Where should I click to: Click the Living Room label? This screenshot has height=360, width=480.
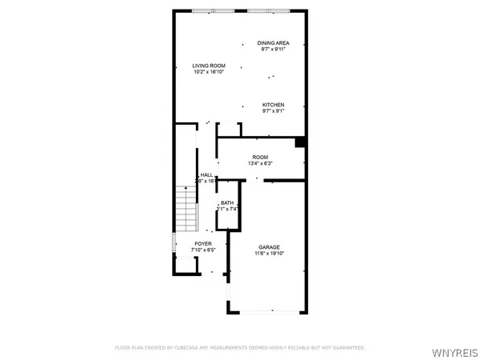[209, 66]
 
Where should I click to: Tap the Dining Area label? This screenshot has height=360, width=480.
[273, 42]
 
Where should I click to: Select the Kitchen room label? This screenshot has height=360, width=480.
[274, 105]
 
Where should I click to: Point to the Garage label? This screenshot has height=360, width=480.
[269, 247]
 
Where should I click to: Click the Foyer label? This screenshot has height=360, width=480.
[203, 243]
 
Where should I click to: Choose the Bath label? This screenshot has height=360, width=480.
[227, 202]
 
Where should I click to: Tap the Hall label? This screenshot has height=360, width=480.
[206, 174]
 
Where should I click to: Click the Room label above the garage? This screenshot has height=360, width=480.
[261, 157]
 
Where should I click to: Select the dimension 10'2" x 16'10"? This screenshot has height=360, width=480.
[209, 72]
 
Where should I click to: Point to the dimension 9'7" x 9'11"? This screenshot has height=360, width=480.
[273, 49]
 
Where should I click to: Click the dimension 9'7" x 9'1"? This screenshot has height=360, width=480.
[274, 111]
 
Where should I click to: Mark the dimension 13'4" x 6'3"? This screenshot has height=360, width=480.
[261, 163]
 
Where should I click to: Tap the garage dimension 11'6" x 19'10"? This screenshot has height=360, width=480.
[269, 254]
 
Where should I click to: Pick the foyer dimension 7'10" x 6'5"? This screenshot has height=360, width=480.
[203, 250]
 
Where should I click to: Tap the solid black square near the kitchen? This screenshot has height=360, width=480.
[300, 142]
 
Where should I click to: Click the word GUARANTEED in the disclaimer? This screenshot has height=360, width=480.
[349, 348]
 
